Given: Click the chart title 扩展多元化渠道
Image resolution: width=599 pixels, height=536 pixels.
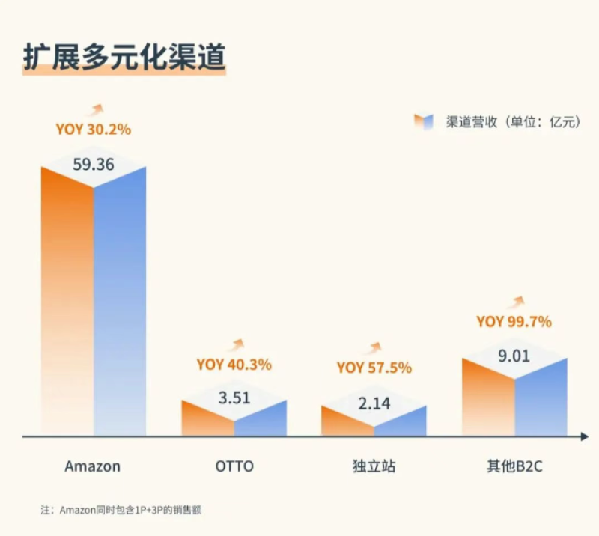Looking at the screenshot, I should pos(124,58).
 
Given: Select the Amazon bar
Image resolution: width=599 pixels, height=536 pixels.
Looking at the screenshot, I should pos(94,299).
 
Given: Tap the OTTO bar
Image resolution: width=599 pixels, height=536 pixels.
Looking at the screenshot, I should pos(234,419).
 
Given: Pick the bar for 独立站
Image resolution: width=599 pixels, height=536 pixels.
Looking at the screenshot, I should pos(374,422).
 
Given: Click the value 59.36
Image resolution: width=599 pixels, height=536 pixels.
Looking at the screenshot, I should pos(94,164).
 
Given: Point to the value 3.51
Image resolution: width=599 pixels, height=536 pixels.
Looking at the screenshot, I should pos(234,398).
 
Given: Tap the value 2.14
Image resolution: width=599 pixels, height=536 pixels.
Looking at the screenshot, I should pos(374,403).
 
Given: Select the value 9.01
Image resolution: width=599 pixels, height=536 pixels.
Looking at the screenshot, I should pos(514,356).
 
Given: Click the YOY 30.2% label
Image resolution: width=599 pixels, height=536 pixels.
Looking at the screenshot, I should pos(93,130).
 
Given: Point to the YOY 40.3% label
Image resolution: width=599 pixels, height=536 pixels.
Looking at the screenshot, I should pos(234,365).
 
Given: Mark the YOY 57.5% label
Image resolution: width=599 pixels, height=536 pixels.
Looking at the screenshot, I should pos(374,368).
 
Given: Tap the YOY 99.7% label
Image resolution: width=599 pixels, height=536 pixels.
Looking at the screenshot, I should pos(514,322).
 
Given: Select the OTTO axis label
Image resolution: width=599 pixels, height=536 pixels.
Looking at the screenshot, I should pos(234,466).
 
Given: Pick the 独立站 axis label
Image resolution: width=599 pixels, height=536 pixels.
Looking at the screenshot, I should pos(374,466).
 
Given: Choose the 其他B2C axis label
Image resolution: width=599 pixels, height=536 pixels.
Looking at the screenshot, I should pos(514,466).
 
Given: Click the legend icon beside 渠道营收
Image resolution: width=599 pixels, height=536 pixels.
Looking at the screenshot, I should pos(424,122).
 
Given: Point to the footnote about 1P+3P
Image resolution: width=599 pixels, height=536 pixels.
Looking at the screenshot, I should pos(122,510).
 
